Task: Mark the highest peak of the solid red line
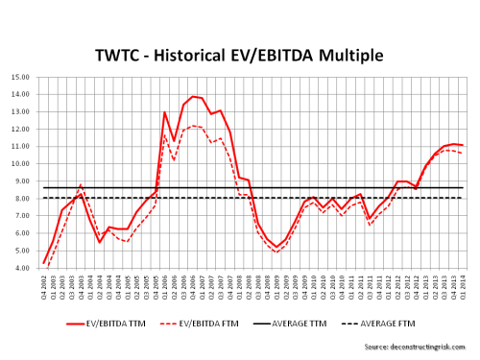[194, 96]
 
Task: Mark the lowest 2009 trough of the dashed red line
[276, 252]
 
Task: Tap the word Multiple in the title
[349, 56]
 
